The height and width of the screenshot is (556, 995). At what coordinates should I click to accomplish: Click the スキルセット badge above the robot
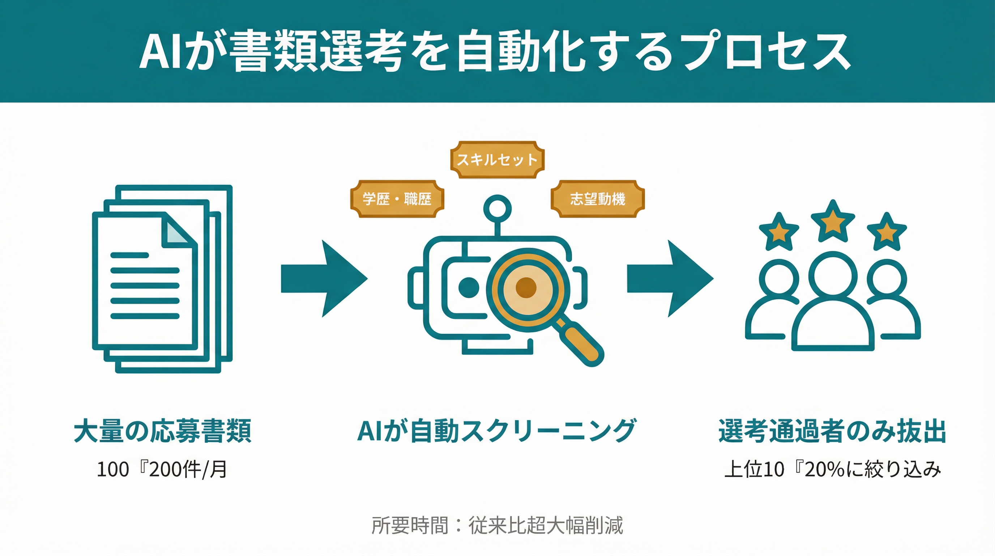pos(497,160)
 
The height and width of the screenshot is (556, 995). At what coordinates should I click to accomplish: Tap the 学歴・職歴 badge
pos(397,199)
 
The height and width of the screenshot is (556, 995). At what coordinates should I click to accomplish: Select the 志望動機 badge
pos(597,199)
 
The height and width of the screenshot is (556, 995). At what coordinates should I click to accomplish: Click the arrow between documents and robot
pos(324,278)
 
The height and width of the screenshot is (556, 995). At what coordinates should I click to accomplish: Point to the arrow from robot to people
pos(670,278)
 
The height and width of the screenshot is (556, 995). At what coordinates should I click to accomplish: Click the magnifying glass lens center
pos(526,288)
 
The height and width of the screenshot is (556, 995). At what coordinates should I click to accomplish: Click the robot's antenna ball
pos(497,209)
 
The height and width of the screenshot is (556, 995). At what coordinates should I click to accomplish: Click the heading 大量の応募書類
pos(162,431)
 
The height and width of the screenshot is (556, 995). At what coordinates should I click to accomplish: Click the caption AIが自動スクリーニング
pos(497,431)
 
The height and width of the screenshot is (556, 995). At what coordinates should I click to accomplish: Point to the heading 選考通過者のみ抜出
pos(832,431)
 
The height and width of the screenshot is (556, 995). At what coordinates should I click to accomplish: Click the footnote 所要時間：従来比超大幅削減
pos(497,526)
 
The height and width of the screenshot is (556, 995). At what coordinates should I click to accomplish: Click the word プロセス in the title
pos(765,52)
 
